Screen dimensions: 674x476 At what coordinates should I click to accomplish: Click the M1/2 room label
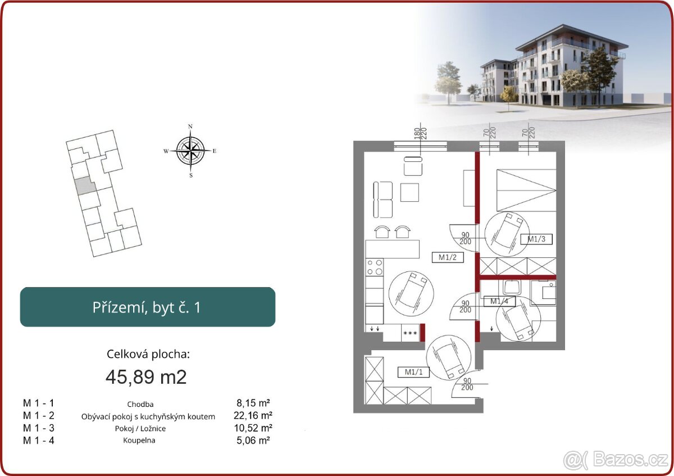pos(448,257)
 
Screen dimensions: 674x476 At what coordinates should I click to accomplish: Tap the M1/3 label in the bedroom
pos(536,239)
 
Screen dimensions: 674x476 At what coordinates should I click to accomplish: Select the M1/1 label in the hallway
pos(413,372)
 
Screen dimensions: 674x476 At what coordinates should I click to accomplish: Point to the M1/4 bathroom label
pos(499,301)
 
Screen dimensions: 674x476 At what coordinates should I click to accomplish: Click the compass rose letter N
pos(190,126)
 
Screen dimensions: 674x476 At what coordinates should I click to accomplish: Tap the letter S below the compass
pos(191,175)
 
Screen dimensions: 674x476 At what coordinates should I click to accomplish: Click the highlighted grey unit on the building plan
pos(85,186)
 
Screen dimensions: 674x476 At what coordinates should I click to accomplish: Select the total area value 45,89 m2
pos(146,377)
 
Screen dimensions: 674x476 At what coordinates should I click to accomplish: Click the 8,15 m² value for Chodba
pos(253,403)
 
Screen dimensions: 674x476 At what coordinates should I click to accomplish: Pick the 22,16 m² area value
pos(253,415)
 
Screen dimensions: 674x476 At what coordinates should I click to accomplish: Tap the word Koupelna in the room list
pos(139,441)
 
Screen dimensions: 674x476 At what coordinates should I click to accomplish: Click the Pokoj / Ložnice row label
pos(140,428)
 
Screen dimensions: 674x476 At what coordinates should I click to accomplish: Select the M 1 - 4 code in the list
pos(39,441)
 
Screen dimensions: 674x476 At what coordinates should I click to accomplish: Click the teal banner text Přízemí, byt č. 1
pos(147,307)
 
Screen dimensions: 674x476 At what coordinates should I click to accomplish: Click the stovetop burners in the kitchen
pos(375,268)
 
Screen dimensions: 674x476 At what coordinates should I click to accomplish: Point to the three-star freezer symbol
pos(410,333)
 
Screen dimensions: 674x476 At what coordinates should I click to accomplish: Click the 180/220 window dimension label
pos(420,133)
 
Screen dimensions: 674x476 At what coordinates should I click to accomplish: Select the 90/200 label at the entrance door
pos(467,384)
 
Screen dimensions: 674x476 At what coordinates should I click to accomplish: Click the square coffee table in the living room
pos(409,193)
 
